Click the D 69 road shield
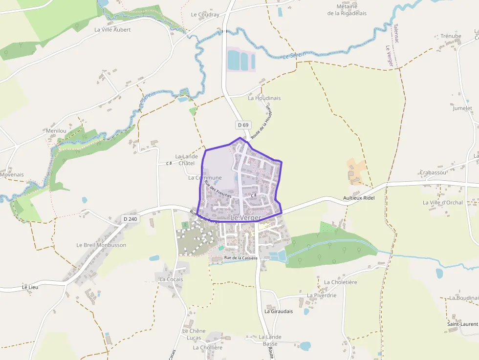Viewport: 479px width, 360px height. (x=243, y=125)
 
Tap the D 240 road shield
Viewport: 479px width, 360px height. (x=131, y=219)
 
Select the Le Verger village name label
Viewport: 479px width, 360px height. (x=246, y=217)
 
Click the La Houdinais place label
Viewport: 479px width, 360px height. (x=264, y=98)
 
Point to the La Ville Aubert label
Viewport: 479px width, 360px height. (x=112, y=29)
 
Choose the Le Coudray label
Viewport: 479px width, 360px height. (x=205, y=15)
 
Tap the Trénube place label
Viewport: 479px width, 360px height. (x=451, y=36)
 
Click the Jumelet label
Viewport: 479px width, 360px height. (x=462, y=108)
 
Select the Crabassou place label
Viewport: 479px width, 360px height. (x=433, y=172)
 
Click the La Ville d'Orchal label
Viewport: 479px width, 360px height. (x=443, y=202)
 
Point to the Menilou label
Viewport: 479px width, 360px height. (x=56, y=131)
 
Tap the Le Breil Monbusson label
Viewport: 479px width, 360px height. (x=101, y=245)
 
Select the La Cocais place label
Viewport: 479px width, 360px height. (x=171, y=279)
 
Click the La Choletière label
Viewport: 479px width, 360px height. (x=341, y=282)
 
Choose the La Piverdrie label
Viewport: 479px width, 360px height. (x=322, y=295)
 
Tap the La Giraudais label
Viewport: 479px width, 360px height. (x=278, y=311)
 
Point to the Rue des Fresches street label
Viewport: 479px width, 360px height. (x=218, y=189)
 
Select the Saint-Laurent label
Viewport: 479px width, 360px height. (x=462, y=324)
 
